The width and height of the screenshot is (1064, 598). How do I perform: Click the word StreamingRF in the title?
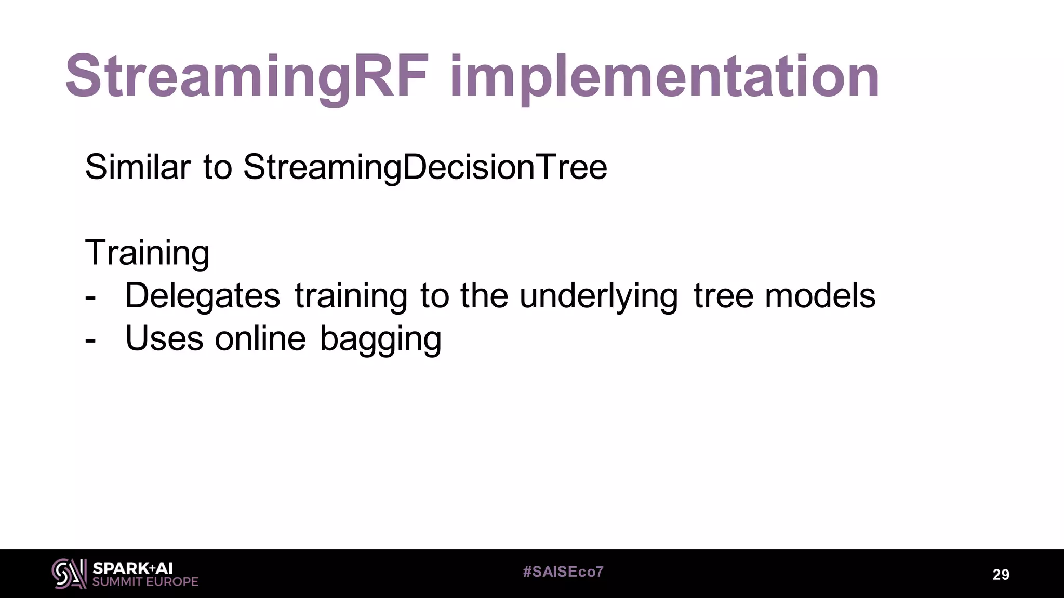(x=247, y=77)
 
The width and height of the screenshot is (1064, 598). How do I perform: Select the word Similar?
(x=138, y=167)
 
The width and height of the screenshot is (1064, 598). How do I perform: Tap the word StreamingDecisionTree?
(x=425, y=167)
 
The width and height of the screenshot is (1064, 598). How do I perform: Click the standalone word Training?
(x=147, y=253)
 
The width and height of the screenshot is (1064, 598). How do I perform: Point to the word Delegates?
(x=203, y=296)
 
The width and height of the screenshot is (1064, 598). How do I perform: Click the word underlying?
(x=598, y=296)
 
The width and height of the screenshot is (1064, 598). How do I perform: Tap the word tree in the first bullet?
(x=723, y=296)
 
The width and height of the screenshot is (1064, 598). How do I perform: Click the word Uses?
(x=164, y=338)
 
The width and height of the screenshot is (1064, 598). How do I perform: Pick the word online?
(x=260, y=338)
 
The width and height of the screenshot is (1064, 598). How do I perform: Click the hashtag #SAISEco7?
(x=563, y=572)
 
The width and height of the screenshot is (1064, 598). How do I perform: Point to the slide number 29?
(x=1001, y=575)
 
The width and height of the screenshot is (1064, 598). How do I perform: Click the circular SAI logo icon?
(x=69, y=574)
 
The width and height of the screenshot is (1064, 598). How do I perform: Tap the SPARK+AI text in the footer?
(x=132, y=568)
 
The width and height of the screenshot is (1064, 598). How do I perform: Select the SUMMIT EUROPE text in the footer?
(x=145, y=582)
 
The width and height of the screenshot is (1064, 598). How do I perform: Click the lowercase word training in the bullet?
(x=351, y=296)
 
